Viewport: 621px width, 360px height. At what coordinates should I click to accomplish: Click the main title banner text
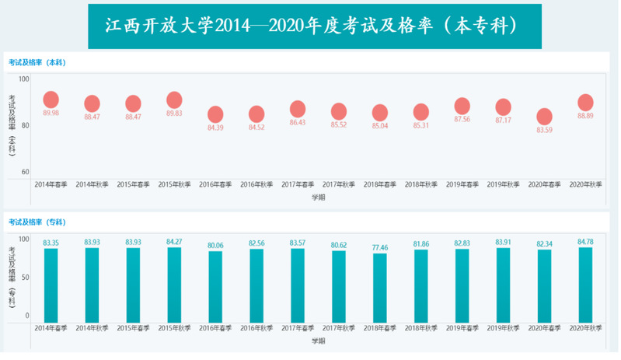click(x=315, y=26)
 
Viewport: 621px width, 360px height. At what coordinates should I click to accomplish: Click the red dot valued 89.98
click(x=51, y=100)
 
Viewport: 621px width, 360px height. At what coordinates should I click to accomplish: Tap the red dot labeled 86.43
click(x=298, y=109)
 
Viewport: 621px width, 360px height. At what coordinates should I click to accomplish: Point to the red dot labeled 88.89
click(x=585, y=103)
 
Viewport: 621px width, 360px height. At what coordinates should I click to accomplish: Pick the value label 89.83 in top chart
click(x=174, y=114)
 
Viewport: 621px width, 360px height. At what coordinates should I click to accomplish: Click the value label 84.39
click(x=215, y=128)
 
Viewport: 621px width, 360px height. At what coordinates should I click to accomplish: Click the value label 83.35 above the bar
click(x=51, y=243)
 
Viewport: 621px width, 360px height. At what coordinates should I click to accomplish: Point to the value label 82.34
click(x=544, y=243)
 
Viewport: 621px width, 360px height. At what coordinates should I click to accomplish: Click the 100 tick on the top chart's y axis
click(x=23, y=79)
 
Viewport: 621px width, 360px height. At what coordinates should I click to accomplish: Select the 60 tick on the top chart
click(x=25, y=172)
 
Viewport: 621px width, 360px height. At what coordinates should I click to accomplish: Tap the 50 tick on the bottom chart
click(x=25, y=277)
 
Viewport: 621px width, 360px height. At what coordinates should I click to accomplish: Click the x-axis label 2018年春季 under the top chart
click(x=379, y=185)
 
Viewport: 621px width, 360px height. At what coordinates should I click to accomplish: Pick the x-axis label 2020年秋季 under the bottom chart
click(x=585, y=327)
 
